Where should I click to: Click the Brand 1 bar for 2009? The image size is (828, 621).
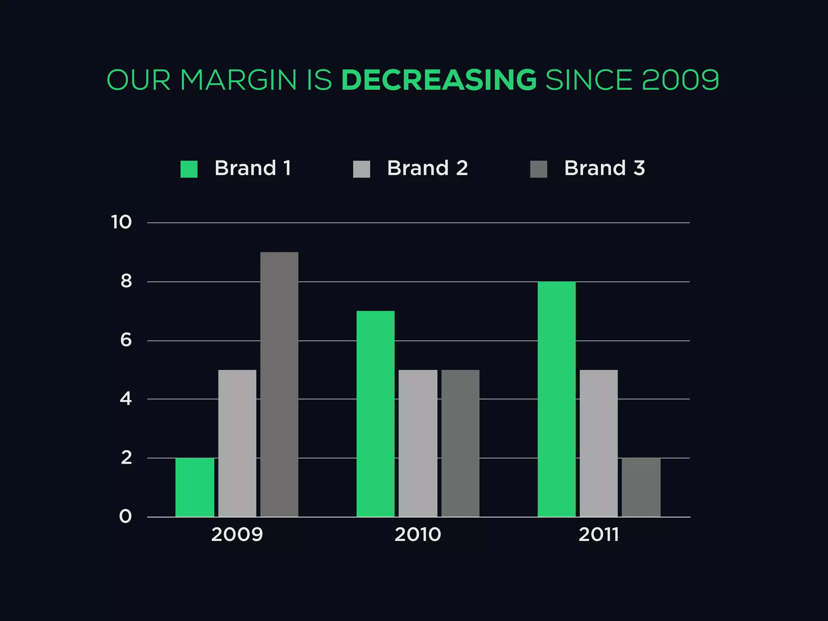coord(194,487)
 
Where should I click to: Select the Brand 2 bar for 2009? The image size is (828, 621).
coord(237,443)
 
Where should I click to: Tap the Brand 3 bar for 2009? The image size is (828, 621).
coord(279,384)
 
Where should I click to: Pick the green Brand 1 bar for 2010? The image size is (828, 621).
coord(376,414)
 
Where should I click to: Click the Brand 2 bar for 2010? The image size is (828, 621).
coord(418,443)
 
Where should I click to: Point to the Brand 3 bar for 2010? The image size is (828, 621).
coord(460,443)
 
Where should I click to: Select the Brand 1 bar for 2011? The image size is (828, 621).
coord(557,399)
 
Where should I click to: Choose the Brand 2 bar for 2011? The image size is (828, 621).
coord(599,443)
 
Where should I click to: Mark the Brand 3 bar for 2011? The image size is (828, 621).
coord(641,487)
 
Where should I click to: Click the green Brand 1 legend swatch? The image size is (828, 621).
coord(189,169)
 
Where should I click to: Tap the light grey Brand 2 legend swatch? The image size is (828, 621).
coord(361,169)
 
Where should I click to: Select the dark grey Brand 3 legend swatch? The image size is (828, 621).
coord(539,169)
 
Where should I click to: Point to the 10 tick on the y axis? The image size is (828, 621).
coord(121,222)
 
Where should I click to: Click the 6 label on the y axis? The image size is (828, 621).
coord(126,340)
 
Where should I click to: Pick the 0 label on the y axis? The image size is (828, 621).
coord(125,516)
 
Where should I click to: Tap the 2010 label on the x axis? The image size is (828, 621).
coord(418,534)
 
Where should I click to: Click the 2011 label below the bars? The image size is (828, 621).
coord(599,534)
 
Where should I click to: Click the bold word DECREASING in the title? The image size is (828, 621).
coord(439,80)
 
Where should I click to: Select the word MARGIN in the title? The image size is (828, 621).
coord(239,80)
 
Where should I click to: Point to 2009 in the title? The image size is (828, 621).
coord(680,80)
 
